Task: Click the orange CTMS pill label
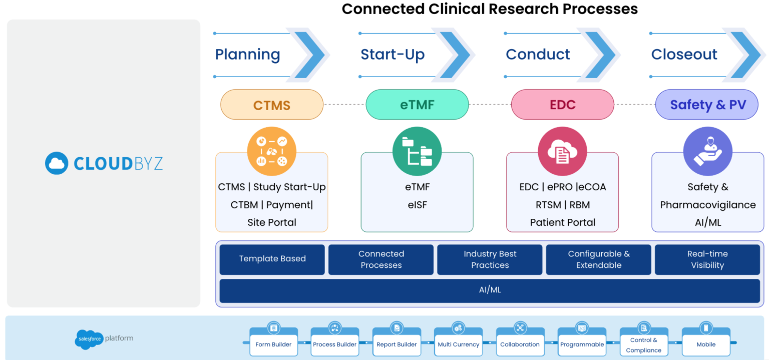pyautogui.click(x=272, y=105)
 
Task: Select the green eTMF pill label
pyautogui.click(x=417, y=105)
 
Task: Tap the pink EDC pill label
pyautogui.click(x=562, y=105)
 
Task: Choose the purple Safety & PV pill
pyautogui.click(x=707, y=105)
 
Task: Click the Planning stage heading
pyautogui.click(x=247, y=54)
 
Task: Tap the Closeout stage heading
pyautogui.click(x=684, y=54)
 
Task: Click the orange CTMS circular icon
pyautogui.click(x=272, y=152)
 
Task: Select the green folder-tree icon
pyautogui.click(x=417, y=152)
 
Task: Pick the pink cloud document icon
pyautogui.click(x=562, y=152)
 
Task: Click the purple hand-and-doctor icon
pyautogui.click(x=707, y=152)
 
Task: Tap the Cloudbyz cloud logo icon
pyautogui.click(x=56, y=163)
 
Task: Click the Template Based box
pyautogui.click(x=272, y=259)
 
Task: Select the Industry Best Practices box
pyautogui.click(x=490, y=259)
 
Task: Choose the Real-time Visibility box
pyautogui.click(x=707, y=259)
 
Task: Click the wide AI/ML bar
pyautogui.click(x=490, y=290)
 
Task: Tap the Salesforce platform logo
pyautogui.click(x=89, y=339)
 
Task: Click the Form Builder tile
pyautogui.click(x=273, y=343)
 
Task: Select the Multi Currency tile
pyautogui.click(x=458, y=343)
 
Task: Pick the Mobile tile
pyautogui.click(x=706, y=343)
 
